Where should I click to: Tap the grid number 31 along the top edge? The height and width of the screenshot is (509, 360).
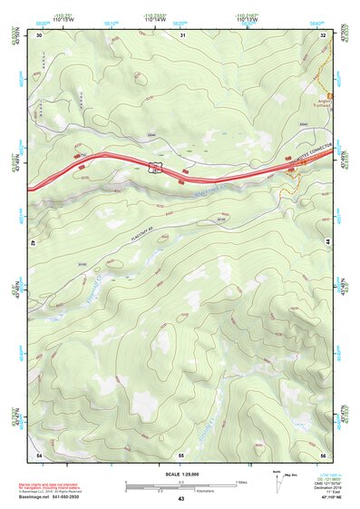182,34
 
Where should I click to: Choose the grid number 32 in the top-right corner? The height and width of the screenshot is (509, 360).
324,34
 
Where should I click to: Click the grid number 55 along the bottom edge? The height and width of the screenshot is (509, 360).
181,453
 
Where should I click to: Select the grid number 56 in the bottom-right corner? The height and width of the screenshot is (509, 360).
324,453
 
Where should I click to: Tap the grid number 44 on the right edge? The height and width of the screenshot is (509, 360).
326,243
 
